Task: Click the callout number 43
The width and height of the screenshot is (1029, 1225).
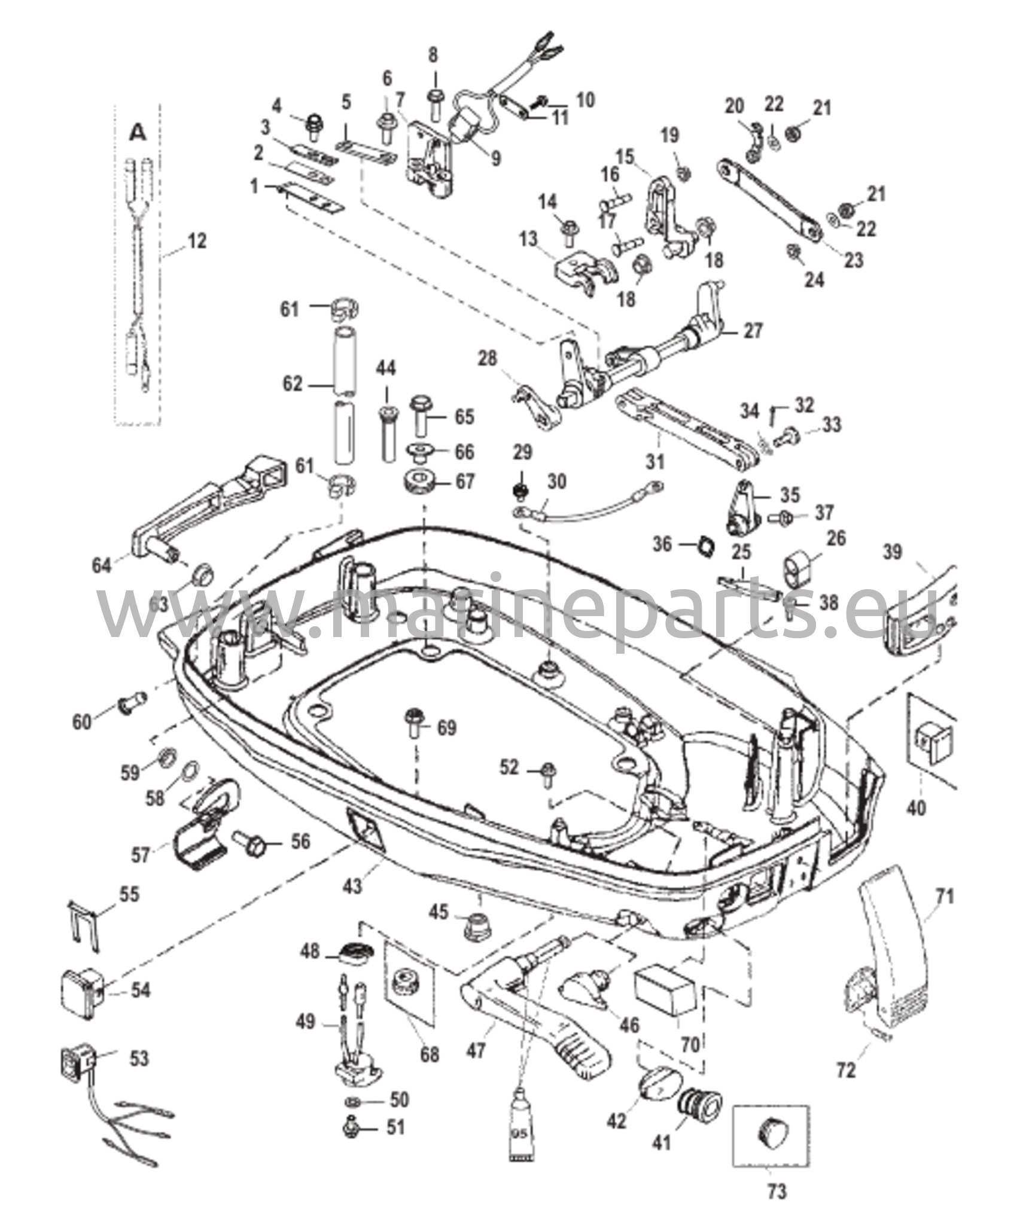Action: tap(353, 884)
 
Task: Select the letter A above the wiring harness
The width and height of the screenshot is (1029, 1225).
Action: tap(138, 133)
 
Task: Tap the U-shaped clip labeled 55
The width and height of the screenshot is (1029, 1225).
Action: tap(81, 931)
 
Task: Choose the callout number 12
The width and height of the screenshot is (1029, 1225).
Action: tap(196, 241)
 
